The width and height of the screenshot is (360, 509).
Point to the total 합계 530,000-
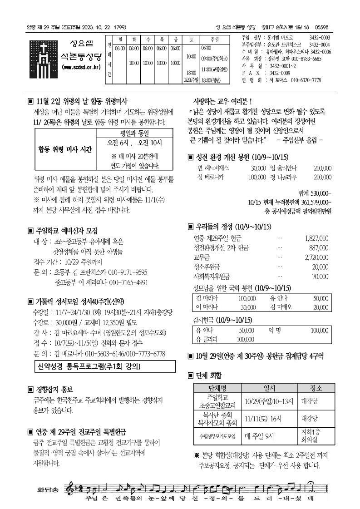(316, 193)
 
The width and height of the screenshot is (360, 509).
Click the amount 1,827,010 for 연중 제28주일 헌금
(316, 238)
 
